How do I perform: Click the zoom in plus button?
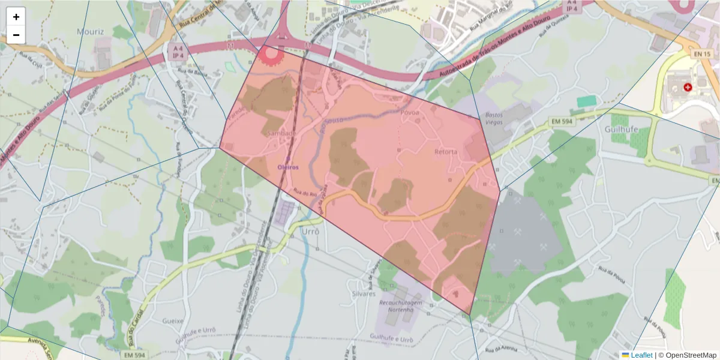tap(16, 17)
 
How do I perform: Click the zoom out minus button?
tap(16, 35)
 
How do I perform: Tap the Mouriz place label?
tap(90, 31)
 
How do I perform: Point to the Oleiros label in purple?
tap(288, 167)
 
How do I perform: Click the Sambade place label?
tap(282, 133)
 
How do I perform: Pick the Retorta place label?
tap(446, 152)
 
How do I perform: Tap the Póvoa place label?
tap(409, 112)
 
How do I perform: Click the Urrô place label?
tap(310, 231)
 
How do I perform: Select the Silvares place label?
tap(364, 294)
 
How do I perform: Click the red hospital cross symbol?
tap(687, 88)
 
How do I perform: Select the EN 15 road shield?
tap(702, 55)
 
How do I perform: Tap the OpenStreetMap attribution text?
tap(687, 355)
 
